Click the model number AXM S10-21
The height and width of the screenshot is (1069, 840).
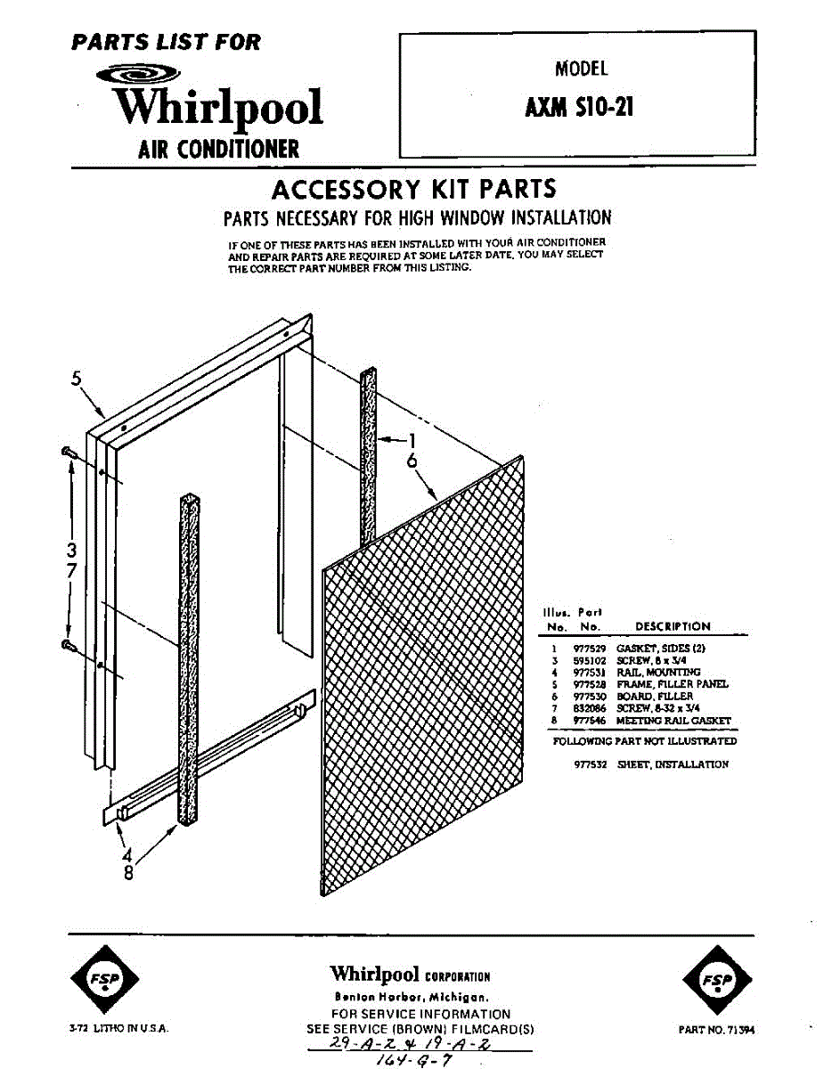(x=579, y=108)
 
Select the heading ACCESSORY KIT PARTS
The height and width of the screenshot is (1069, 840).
(x=413, y=189)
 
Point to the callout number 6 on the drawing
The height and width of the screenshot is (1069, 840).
(x=412, y=461)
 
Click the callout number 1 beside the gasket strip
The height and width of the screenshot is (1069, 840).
(x=412, y=439)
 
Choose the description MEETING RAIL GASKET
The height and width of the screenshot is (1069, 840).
(x=673, y=720)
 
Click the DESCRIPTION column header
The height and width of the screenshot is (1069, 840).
(x=673, y=626)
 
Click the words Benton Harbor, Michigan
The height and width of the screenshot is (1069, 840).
(x=411, y=997)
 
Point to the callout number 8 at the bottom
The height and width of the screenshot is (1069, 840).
(x=128, y=873)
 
